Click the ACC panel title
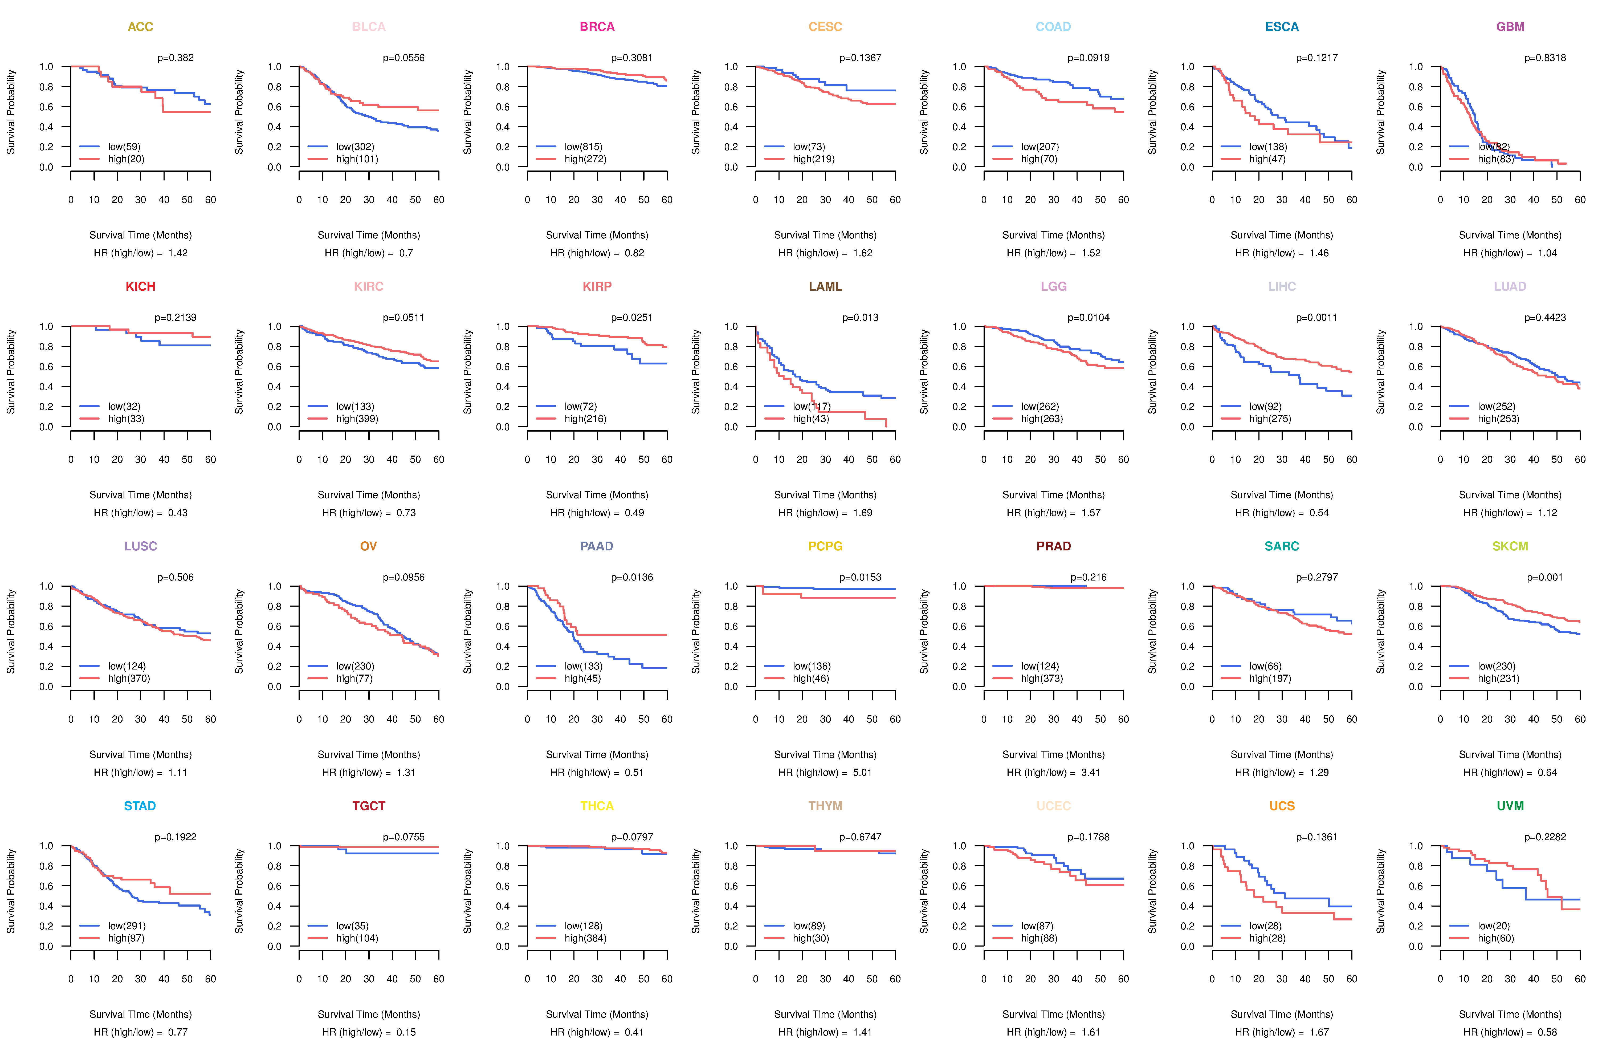point(140,27)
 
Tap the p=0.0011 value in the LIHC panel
point(1316,318)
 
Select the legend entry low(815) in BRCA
point(583,147)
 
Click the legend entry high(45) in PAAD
point(582,678)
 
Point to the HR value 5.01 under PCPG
point(862,772)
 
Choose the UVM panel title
point(1510,806)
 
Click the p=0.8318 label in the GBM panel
point(1544,58)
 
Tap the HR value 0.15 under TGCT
point(406,1032)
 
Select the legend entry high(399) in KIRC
point(357,419)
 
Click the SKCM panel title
point(1510,546)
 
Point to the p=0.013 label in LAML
point(860,318)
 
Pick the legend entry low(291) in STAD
point(126,926)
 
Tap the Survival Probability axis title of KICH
point(11,371)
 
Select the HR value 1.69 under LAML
point(862,513)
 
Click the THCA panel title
point(597,806)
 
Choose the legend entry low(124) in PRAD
point(1039,666)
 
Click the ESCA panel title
point(1282,27)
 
